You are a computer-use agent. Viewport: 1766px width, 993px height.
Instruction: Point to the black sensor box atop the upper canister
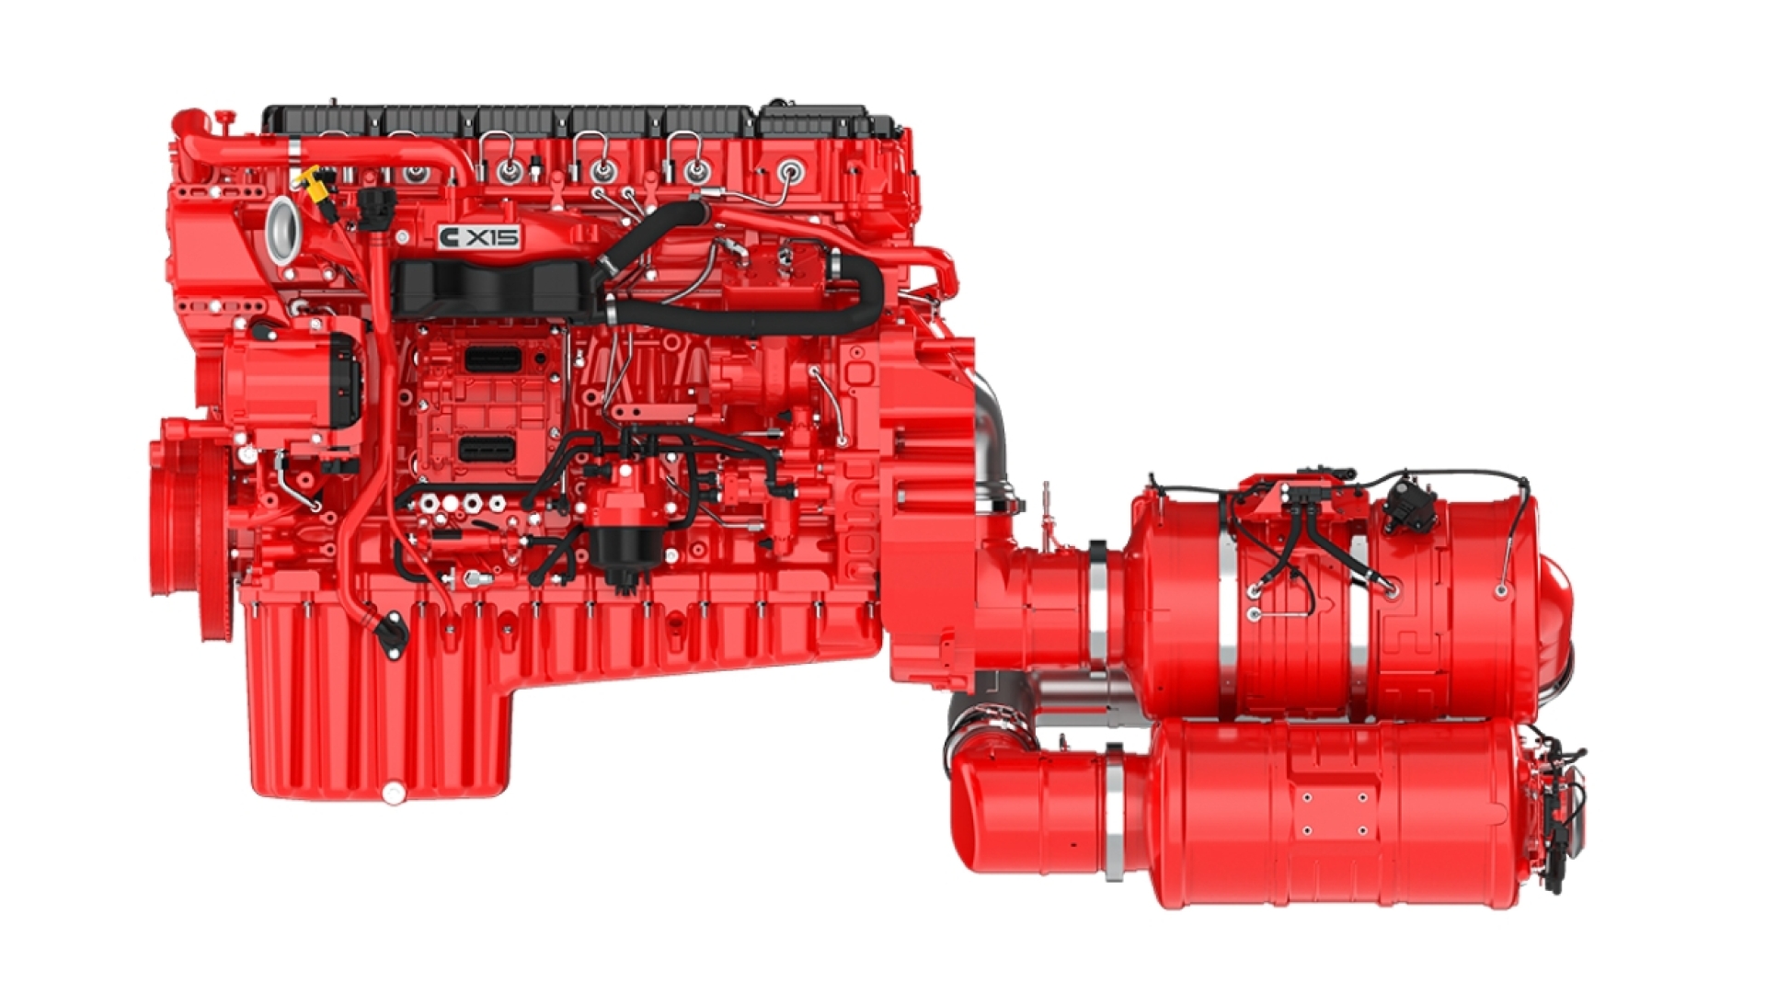[x=1407, y=503]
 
